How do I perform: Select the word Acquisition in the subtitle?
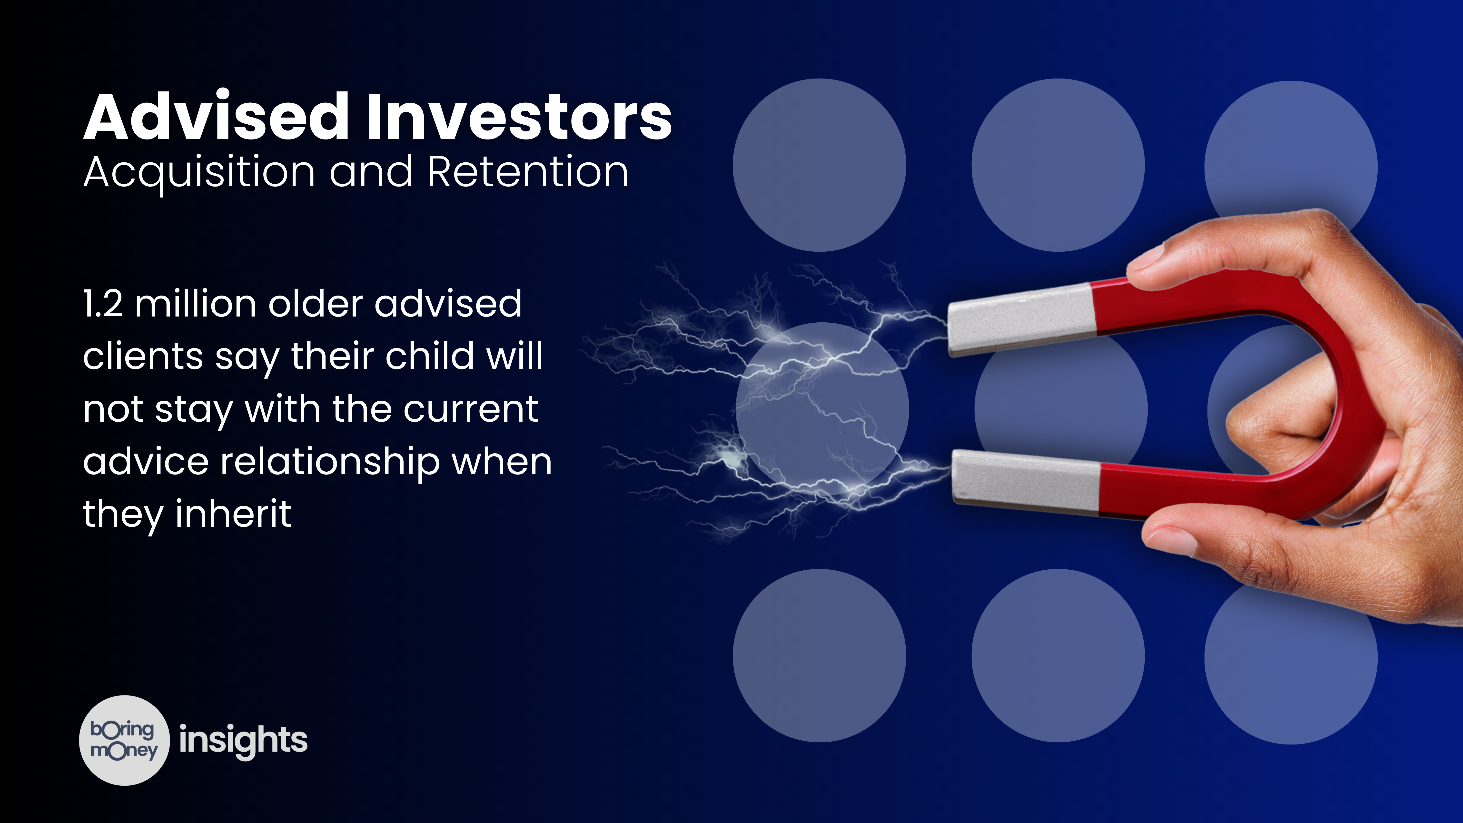pos(199,172)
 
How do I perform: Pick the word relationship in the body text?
pos(329,462)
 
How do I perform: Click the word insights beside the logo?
pos(243,740)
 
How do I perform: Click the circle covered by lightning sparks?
pos(822,409)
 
